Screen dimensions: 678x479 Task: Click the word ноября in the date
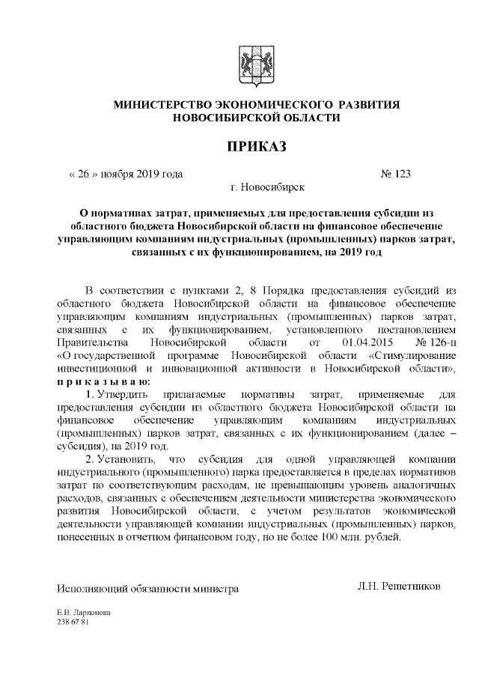(116, 174)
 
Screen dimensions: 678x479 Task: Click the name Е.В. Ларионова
(84, 612)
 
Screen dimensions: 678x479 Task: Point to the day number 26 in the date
(84, 174)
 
